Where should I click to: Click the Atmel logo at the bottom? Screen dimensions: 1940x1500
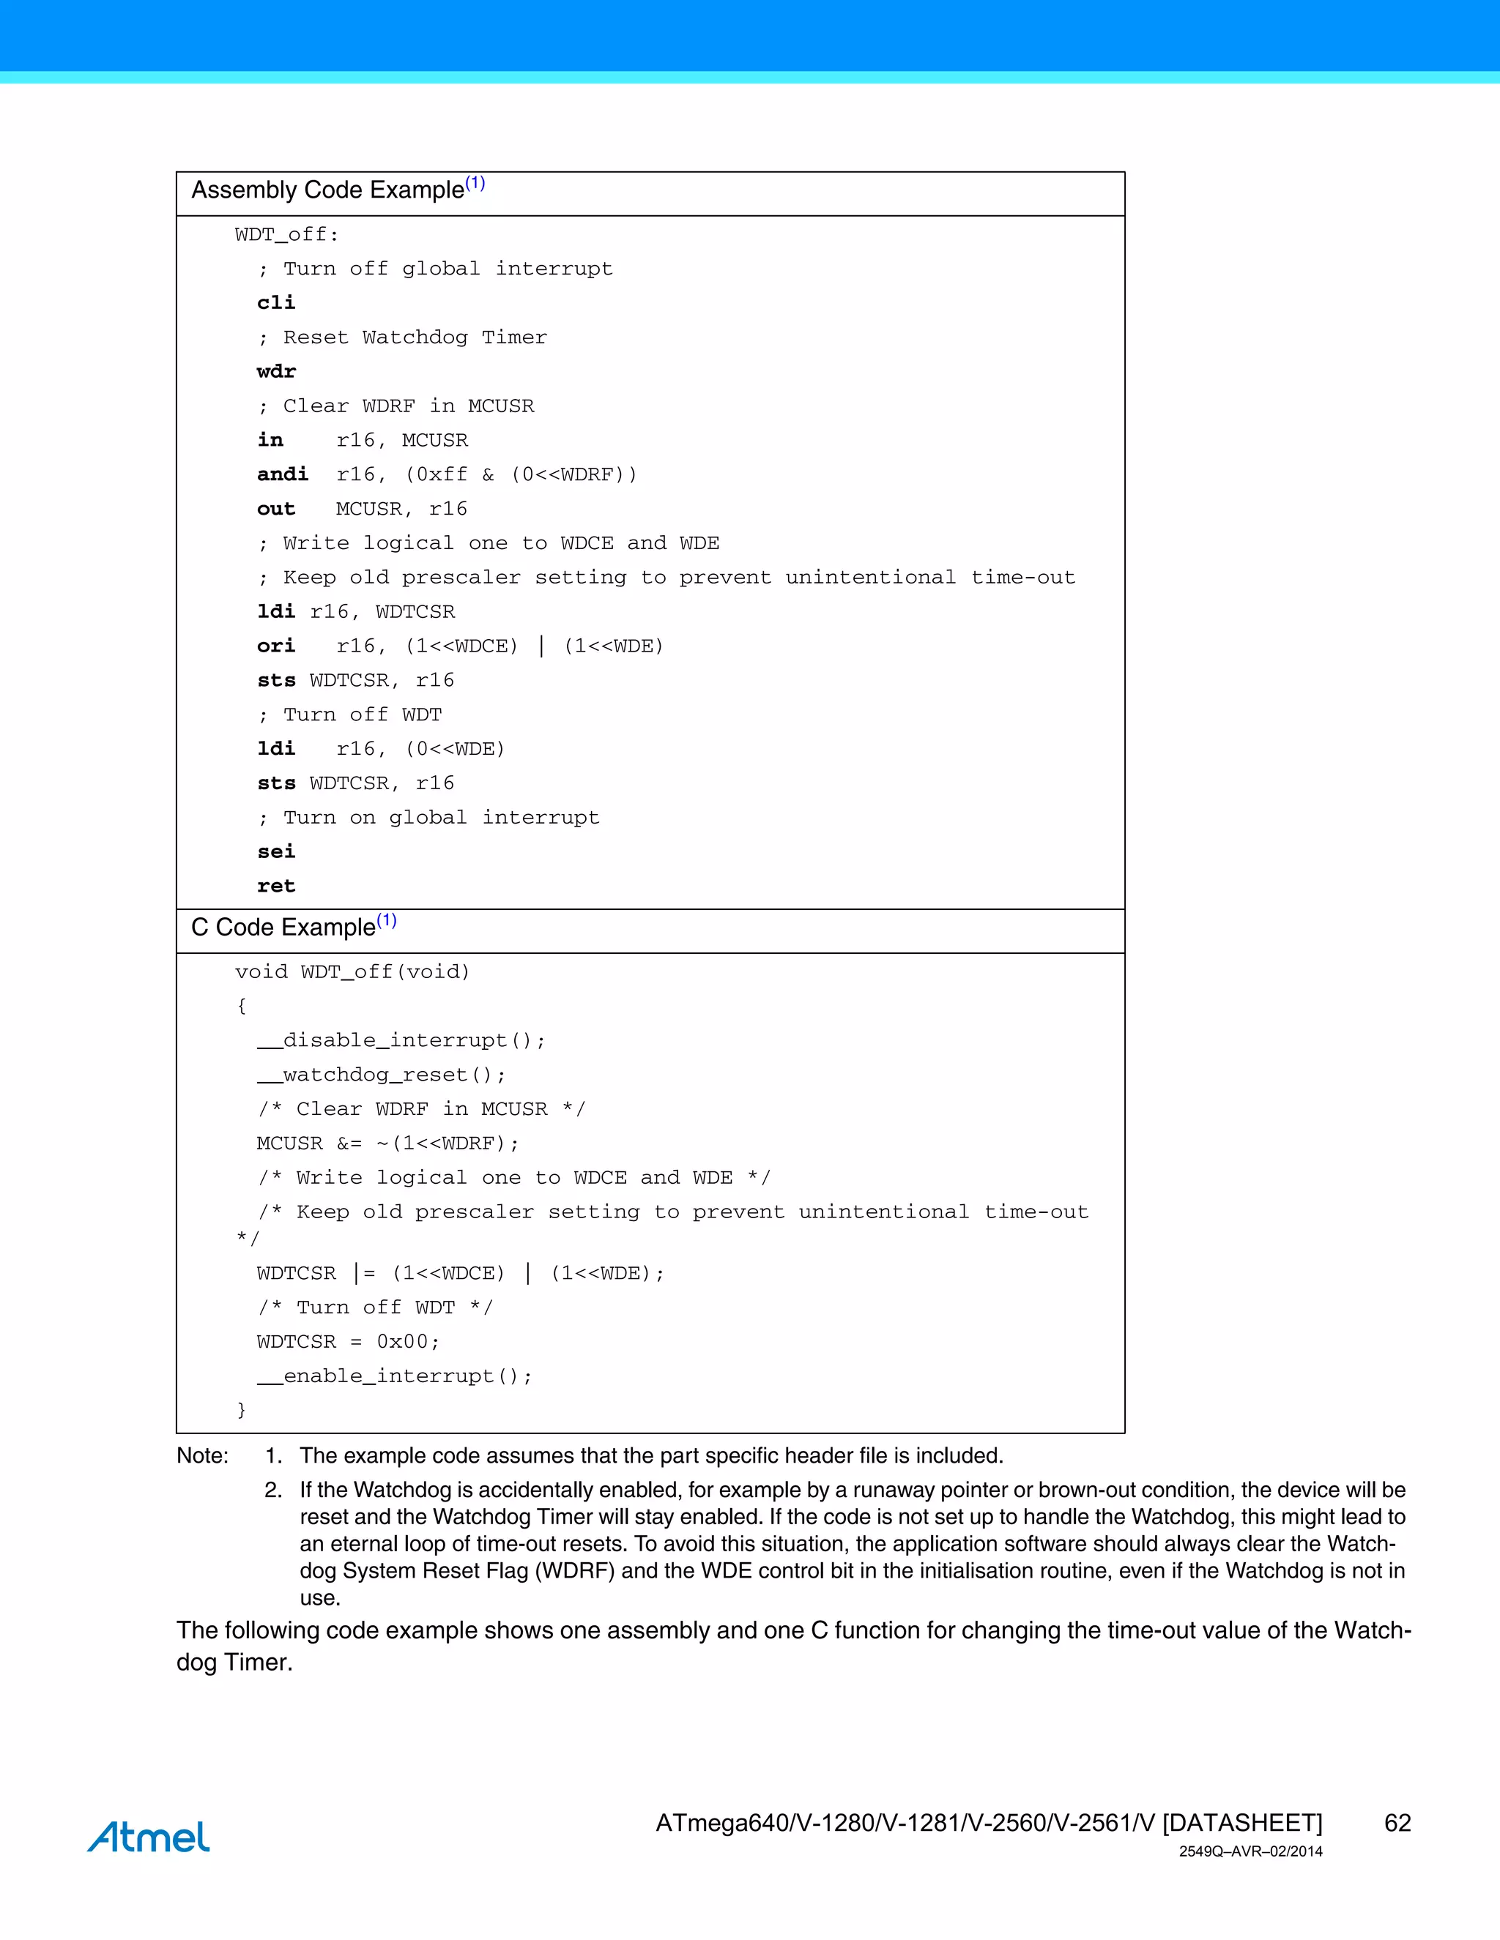coord(149,1837)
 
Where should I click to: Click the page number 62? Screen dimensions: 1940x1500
coord(1397,1823)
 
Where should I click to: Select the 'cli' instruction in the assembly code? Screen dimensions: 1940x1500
coord(275,303)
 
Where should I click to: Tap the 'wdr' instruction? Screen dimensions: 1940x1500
coord(275,371)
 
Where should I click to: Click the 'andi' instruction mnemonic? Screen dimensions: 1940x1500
coord(283,474)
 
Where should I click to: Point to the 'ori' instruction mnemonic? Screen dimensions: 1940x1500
coord(275,646)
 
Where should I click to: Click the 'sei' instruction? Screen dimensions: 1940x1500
coord(275,852)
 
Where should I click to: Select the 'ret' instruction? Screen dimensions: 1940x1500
coord(275,886)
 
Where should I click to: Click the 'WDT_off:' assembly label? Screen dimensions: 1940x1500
coord(287,234)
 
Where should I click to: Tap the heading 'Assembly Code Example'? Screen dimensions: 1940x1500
coord(328,190)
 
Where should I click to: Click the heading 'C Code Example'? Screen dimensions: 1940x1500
coord(283,928)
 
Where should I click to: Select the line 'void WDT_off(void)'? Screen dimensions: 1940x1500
coord(352,971)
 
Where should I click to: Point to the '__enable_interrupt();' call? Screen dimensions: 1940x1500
coord(395,1376)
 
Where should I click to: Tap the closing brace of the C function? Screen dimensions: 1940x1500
coord(241,1410)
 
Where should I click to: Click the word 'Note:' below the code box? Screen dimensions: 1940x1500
coord(203,1456)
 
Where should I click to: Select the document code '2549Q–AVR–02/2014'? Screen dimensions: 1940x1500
coord(1250,1852)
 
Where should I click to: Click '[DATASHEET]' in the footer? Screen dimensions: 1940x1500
coord(1242,1823)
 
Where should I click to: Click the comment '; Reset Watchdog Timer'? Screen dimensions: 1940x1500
coord(403,337)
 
